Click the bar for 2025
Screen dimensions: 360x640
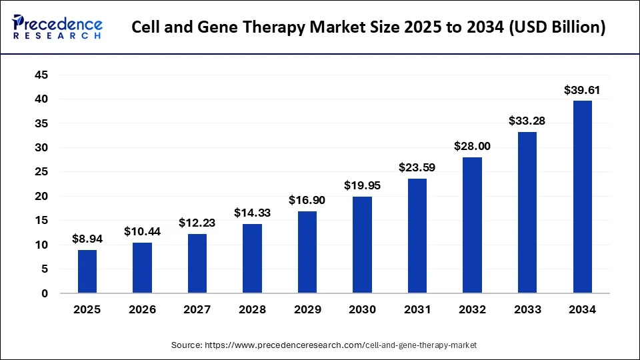[87, 271]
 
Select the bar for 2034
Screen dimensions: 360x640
[582, 197]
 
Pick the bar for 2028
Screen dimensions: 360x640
[252, 258]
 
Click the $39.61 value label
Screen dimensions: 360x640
[582, 89]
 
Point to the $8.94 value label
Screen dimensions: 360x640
[87, 239]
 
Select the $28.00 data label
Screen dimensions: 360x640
[472, 146]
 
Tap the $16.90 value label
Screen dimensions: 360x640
[307, 200]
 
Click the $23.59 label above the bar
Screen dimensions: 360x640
[417, 167]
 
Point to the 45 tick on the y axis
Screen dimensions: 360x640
[41, 75]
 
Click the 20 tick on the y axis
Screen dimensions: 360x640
[41, 196]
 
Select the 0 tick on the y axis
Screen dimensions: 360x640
[44, 293]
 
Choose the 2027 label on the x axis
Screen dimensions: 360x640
[197, 309]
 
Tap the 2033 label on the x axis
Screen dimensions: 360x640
[527, 309]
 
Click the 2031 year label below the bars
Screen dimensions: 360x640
[417, 309]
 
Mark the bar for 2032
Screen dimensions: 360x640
[472, 225]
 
